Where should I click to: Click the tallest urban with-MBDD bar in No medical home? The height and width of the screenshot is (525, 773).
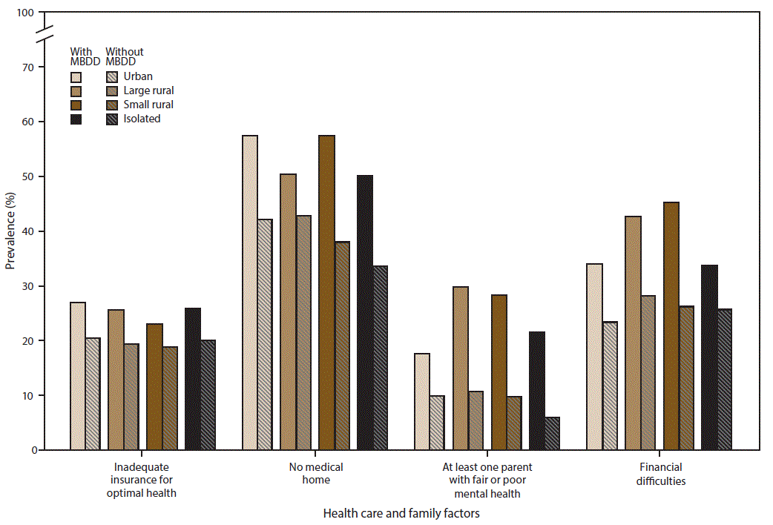250,293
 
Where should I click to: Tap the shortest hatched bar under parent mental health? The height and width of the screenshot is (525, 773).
552,434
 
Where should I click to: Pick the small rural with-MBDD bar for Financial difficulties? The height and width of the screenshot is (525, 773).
671,326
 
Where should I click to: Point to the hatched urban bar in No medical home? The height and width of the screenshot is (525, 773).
265,334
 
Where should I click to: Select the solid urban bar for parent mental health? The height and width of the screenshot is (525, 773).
421,402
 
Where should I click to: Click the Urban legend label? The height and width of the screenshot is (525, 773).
138,76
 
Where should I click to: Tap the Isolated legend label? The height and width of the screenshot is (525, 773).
142,119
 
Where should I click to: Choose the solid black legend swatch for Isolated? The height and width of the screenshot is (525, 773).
76,119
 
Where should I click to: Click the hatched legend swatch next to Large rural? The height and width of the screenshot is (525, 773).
111,90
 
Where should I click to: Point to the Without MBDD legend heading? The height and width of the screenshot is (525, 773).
124,56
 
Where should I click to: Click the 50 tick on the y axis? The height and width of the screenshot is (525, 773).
28,176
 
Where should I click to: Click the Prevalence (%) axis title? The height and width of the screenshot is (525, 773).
10,231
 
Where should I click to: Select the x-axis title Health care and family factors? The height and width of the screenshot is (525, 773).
401,513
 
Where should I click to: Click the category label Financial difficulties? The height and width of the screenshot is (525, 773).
660,474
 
